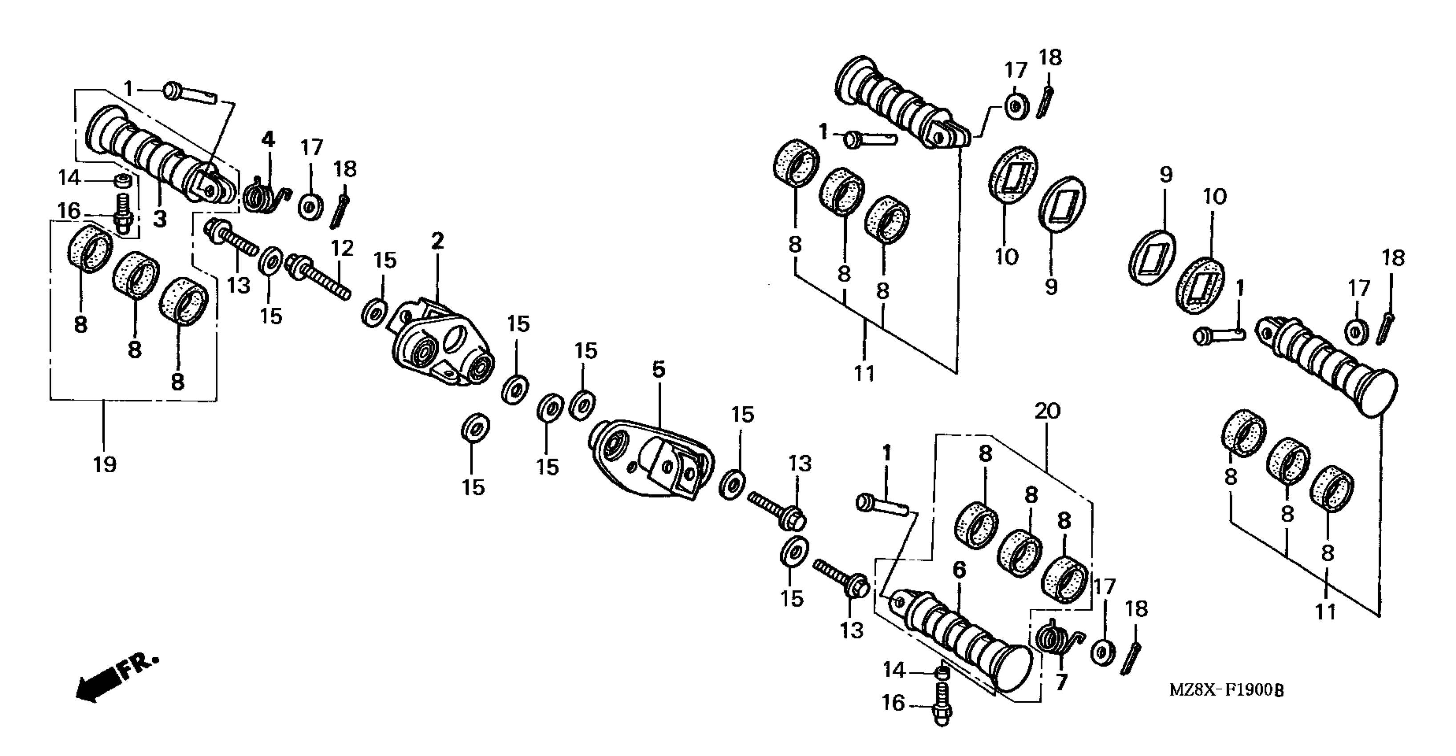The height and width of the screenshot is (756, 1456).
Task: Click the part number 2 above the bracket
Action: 437,241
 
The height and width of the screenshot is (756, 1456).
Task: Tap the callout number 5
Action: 659,370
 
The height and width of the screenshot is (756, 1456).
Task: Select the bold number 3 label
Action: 160,219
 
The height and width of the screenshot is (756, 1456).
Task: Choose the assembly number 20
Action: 1048,411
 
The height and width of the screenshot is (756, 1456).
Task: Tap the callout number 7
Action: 1061,682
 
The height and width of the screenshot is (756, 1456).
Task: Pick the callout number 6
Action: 960,570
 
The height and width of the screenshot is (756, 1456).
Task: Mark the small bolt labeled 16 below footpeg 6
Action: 942,704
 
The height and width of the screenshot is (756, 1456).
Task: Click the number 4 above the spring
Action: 267,140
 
